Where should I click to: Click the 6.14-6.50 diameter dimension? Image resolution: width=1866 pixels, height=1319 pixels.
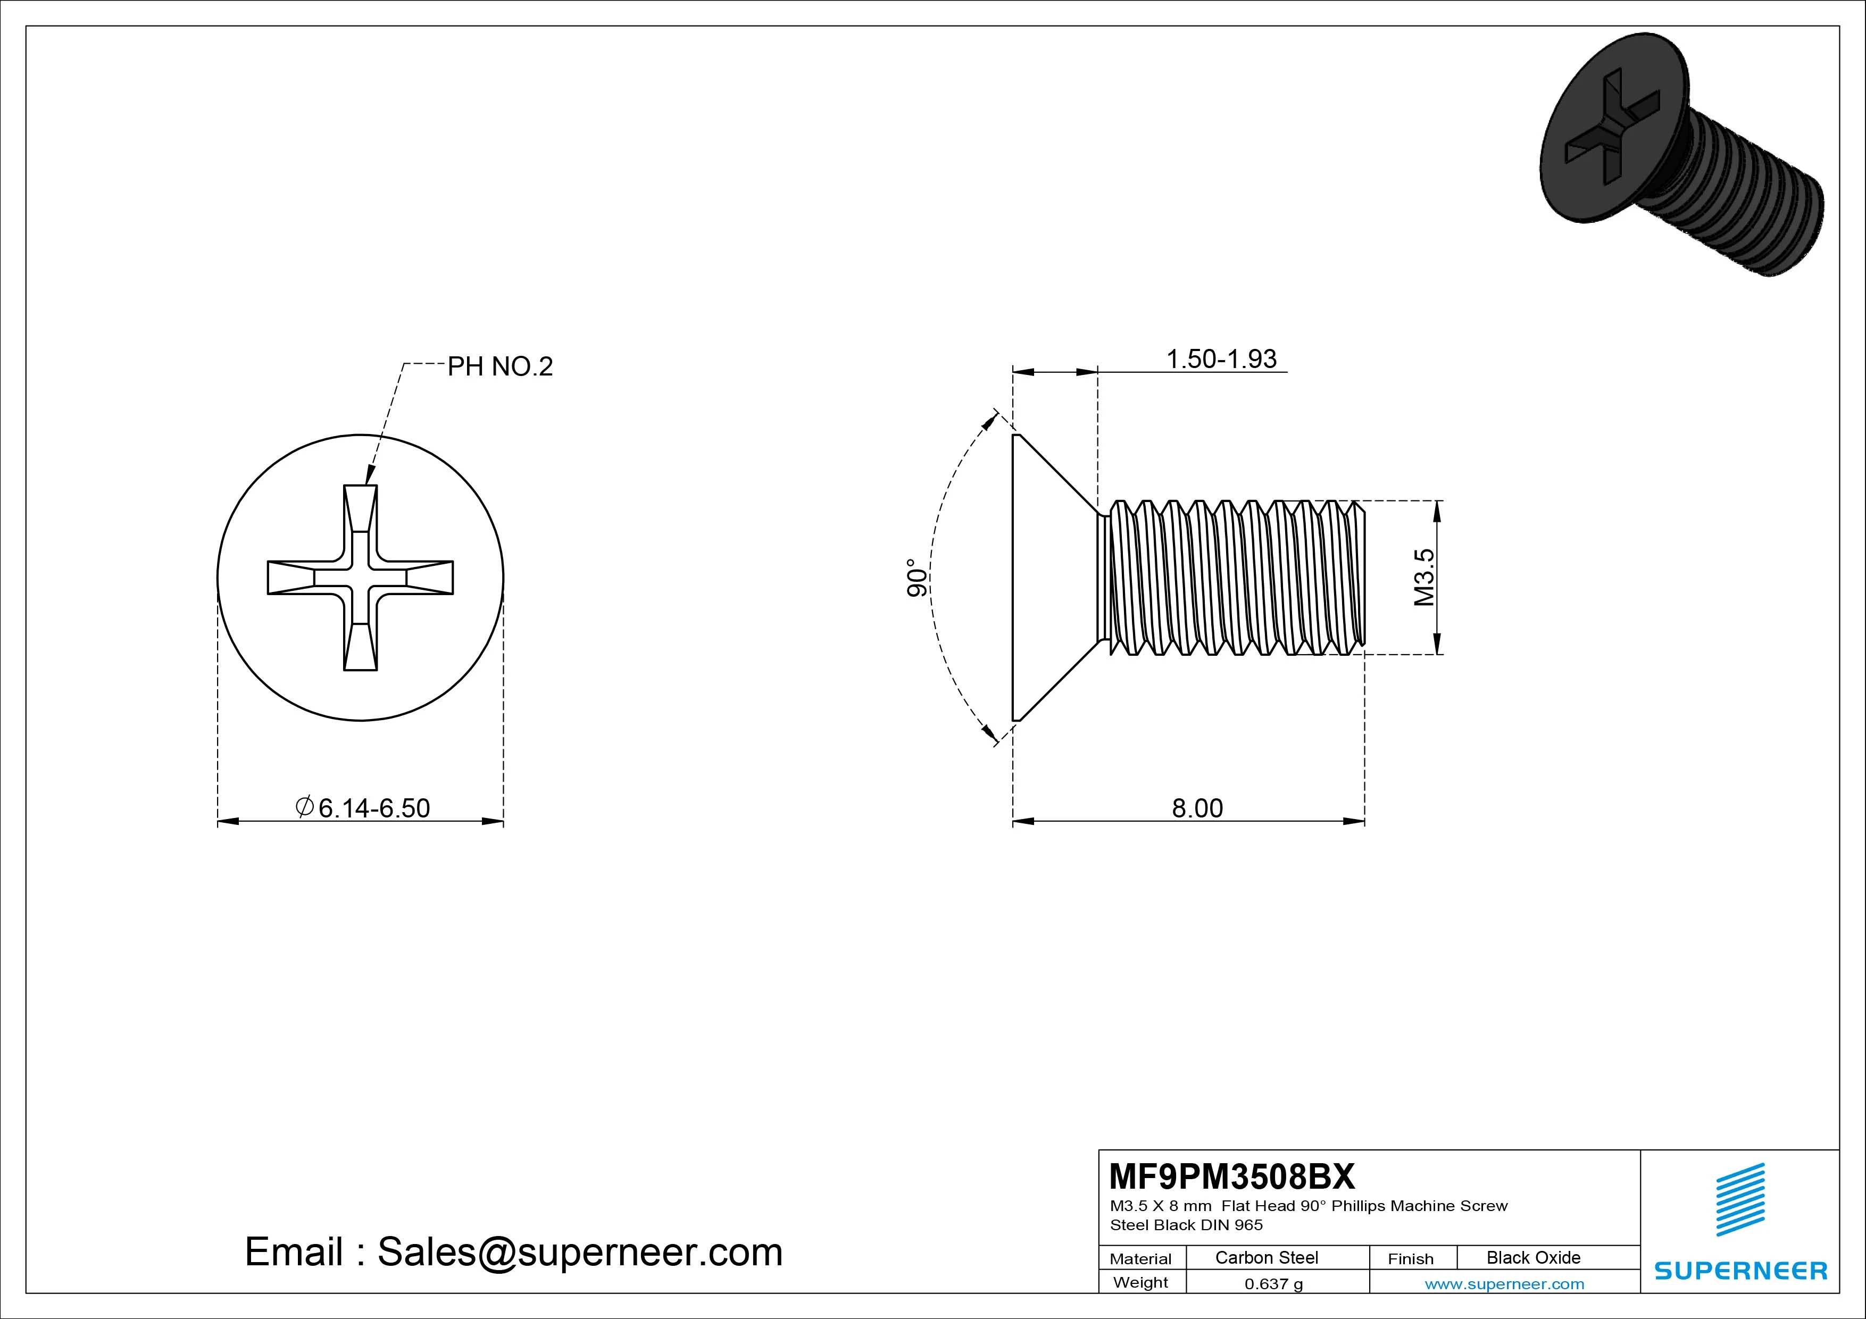tap(373, 808)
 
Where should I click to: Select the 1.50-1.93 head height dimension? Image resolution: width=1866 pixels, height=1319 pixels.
tap(1221, 358)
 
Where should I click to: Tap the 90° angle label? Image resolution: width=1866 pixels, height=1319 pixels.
tap(916, 578)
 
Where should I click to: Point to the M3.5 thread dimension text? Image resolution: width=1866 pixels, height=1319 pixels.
tap(1424, 577)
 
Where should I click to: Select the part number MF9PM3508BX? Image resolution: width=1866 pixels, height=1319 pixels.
tap(1232, 1176)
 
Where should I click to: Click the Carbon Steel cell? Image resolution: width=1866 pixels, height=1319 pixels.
tap(1266, 1257)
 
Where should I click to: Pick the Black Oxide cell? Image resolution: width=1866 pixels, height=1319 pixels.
tap(1533, 1257)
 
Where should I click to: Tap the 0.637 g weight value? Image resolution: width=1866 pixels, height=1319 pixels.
tap(1273, 1284)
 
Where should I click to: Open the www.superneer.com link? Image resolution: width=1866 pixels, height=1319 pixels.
tap(1504, 1284)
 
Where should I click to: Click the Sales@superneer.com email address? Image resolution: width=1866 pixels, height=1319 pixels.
tap(579, 1253)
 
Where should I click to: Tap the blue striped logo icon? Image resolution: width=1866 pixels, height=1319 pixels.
tap(1740, 1199)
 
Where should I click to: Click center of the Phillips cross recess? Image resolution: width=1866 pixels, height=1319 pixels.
tap(360, 578)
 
